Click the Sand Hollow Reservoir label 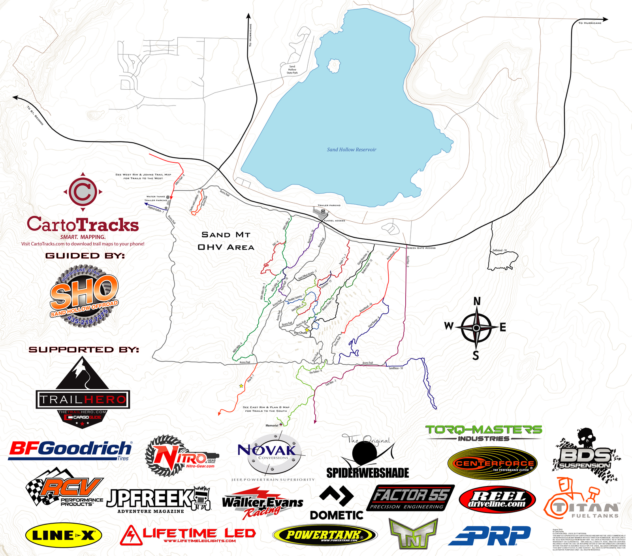point(352,150)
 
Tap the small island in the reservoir point(334,65)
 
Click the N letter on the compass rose point(477,302)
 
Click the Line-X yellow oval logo point(64,535)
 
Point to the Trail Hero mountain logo point(83,391)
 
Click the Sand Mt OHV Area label point(226,241)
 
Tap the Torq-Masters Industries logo point(483,433)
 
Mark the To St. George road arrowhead point(15,97)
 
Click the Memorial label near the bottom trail point(272,426)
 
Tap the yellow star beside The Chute point(307,330)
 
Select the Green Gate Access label point(421,248)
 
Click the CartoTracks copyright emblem point(83,192)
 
